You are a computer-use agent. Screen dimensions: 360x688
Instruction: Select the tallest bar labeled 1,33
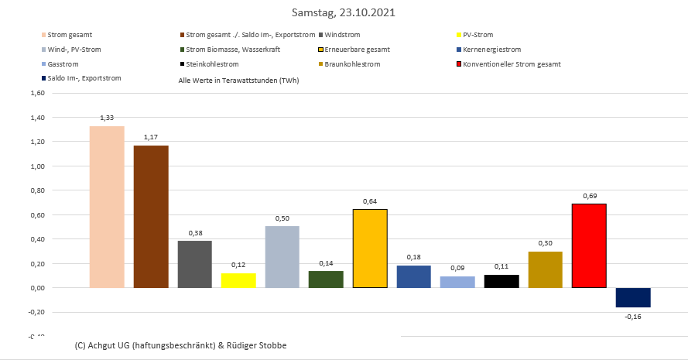[x=107, y=207]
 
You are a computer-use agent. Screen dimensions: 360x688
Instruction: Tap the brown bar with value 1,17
[x=151, y=217]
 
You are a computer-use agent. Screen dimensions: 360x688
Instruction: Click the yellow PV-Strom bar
[x=238, y=280]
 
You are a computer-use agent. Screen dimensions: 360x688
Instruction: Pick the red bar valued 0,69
[x=589, y=245]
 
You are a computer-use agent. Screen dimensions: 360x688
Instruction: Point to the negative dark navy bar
[x=633, y=297]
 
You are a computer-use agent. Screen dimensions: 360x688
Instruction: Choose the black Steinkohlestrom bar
[x=501, y=281]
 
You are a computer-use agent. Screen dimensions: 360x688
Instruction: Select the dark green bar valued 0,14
[x=326, y=279]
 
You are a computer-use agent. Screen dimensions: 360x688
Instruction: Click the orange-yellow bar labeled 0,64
[x=370, y=249]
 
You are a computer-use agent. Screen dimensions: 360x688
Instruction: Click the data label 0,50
[x=282, y=218]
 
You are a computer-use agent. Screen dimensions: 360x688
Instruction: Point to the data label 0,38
[x=194, y=233]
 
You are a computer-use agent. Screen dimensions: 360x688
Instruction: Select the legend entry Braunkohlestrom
[x=352, y=63]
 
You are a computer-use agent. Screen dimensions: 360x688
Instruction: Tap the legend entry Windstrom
[x=343, y=35]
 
